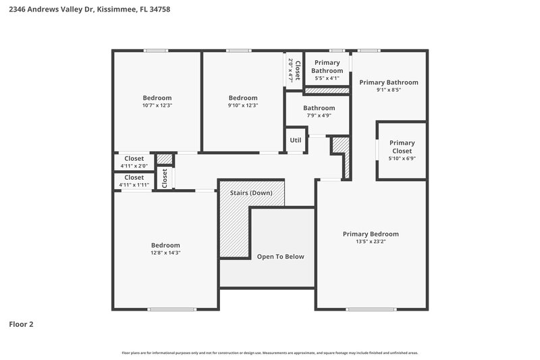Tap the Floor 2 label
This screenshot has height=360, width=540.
pyautogui.click(x=21, y=324)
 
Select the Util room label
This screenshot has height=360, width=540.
pyautogui.click(x=296, y=140)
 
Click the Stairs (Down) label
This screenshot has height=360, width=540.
pyautogui.click(x=251, y=193)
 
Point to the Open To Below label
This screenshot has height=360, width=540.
pyautogui.click(x=280, y=257)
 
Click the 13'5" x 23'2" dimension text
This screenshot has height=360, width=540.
pyautogui.click(x=371, y=241)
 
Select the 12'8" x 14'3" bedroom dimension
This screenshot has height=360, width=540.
pyautogui.click(x=165, y=253)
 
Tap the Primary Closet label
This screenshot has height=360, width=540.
pyautogui.click(x=402, y=147)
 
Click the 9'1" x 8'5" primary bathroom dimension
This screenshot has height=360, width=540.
pyautogui.click(x=388, y=90)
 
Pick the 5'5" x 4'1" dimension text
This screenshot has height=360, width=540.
pyautogui.click(x=327, y=78)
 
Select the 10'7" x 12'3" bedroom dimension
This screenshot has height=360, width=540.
pyautogui.click(x=157, y=105)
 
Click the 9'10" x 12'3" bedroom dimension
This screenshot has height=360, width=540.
pyautogui.click(x=242, y=105)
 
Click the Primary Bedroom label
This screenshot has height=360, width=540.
pyautogui.click(x=371, y=234)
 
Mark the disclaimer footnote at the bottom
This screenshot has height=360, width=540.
pyautogui.click(x=270, y=353)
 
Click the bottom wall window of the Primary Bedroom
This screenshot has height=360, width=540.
pyautogui.click(x=371, y=309)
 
